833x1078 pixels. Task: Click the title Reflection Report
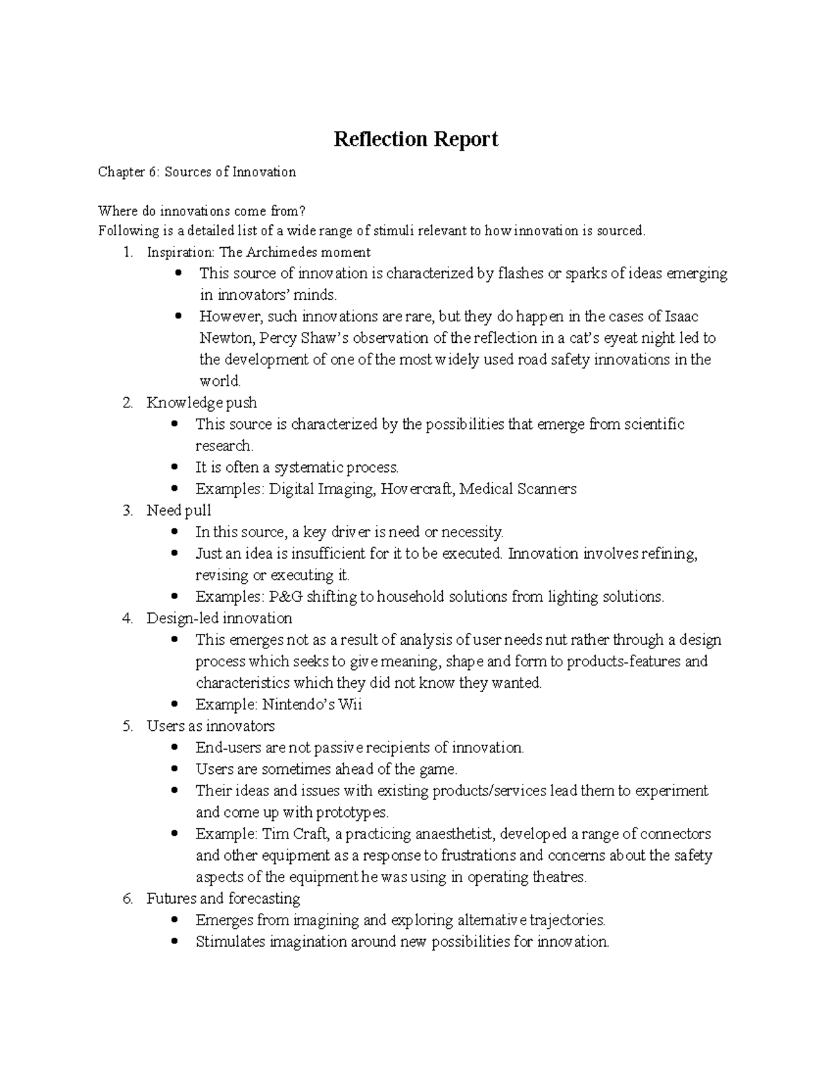pos(416,140)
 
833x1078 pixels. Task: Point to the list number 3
pos(127,511)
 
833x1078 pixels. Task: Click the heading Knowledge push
pos(201,403)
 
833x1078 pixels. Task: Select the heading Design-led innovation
pos(219,618)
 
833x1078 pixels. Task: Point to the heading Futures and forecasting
pos(223,898)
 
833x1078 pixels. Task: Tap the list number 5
pos(127,726)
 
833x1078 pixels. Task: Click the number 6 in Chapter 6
pos(153,172)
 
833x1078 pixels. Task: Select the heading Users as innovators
pos(210,726)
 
